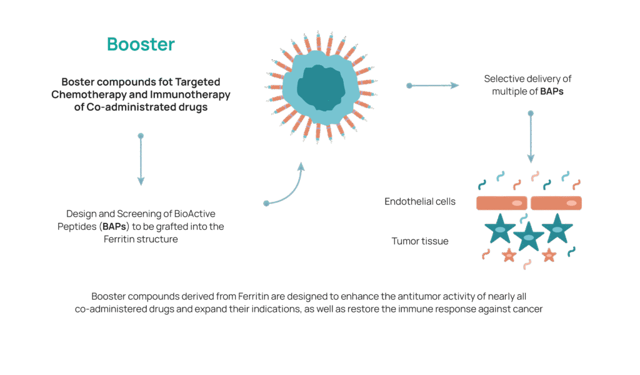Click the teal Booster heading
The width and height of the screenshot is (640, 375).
(141, 45)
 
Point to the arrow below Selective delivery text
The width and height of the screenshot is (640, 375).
(531, 138)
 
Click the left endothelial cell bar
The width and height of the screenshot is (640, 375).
(502, 203)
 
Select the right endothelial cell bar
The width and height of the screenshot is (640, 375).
(556, 203)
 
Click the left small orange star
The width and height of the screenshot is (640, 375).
(509, 255)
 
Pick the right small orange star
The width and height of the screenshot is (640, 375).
(548, 255)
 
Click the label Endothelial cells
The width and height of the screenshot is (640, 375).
(420, 202)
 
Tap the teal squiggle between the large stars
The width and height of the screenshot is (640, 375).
(524, 217)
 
